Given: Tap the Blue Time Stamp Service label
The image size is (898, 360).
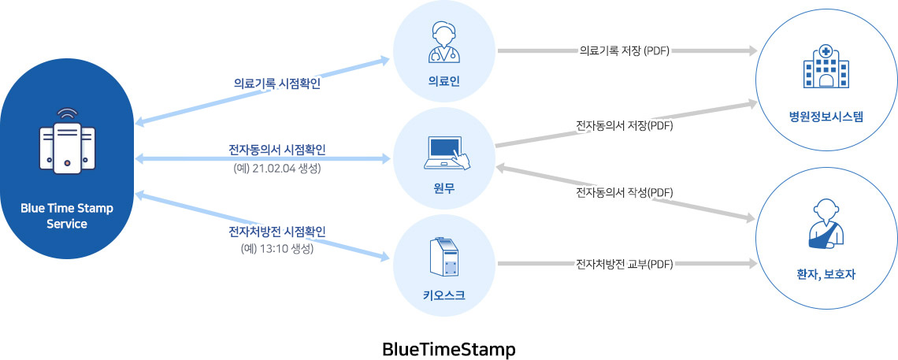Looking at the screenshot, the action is pos(67,216).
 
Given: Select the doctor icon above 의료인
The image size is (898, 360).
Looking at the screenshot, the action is pos(444,42).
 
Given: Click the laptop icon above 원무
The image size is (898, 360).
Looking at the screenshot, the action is pos(447,153).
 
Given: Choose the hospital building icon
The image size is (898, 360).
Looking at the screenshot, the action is pos(826,67).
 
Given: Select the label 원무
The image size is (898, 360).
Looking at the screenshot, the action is pos(444,187).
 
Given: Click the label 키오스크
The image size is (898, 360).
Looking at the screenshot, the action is pos(444,295).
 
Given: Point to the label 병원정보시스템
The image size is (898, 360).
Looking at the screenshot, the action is pos(826,117).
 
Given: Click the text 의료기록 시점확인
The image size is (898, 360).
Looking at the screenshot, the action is pos(277,84).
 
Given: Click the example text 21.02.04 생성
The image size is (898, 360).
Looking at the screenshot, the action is pos(277,169).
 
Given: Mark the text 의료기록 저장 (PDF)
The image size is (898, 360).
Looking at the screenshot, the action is pos(624,51).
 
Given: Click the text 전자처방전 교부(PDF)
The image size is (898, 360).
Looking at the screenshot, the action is pos(624,264).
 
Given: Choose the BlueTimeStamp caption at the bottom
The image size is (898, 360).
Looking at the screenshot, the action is pos(449,349).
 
